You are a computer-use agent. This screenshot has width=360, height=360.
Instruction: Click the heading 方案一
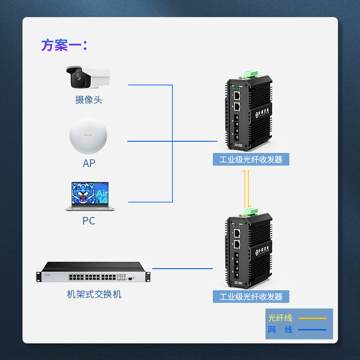(64, 45)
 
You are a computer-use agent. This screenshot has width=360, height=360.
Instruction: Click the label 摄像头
(89, 100)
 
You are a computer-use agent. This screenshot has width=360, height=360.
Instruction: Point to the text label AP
(89, 163)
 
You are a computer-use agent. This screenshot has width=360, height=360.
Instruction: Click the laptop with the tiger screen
(89, 196)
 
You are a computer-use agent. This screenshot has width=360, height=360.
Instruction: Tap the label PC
(89, 221)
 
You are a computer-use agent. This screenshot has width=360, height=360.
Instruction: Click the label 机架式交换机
(94, 295)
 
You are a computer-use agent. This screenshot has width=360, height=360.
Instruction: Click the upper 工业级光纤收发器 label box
(251, 159)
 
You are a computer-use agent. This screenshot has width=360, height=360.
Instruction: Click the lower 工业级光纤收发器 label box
(251, 297)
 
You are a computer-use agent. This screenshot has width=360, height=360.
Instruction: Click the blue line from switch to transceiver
(182, 269)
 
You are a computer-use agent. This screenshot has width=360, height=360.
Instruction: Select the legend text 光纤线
(280, 318)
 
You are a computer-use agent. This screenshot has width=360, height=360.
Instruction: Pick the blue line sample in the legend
(312, 330)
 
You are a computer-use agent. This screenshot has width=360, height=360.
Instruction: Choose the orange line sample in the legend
(312, 318)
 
